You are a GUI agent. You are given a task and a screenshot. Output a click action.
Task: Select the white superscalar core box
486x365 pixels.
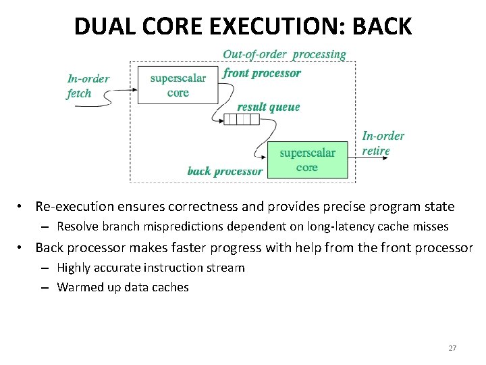(178, 85)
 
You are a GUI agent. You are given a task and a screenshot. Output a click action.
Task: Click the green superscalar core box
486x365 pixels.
(307, 160)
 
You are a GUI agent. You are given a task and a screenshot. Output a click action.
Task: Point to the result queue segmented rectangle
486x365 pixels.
(242, 120)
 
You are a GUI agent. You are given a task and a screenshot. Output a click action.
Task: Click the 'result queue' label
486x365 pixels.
(269, 107)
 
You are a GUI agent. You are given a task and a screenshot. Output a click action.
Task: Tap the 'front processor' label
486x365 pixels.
(262, 73)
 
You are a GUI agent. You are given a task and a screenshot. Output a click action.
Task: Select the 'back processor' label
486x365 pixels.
(225, 171)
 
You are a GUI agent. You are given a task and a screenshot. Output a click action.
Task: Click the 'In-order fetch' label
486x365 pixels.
(88, 86)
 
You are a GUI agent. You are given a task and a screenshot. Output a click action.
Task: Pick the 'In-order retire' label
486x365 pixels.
(383, 143)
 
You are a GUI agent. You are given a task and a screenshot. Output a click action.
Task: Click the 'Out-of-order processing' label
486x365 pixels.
(284, 54)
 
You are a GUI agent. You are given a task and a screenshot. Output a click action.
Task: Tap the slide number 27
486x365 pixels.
(452, 348)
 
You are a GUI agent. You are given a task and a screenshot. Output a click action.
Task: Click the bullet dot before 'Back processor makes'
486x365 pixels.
(22, 248)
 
